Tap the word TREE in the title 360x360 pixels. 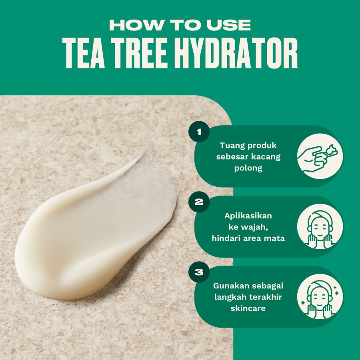pos(138,53)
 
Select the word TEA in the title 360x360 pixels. pos(84,53)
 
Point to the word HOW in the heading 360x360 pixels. pos(136,25)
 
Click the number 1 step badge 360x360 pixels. pos(199,132)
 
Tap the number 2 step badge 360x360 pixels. pos(199,202)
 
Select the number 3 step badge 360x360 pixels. pos(199,272)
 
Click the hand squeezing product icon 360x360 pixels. pos(320,156)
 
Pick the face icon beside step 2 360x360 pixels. pos(320,227)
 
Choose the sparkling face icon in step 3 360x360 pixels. pos(320,297)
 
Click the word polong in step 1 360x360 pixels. pos(248,168)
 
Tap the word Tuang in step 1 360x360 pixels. pos(232,146)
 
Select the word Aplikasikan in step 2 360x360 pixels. pos(248,216)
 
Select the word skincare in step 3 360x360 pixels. pos(248,308)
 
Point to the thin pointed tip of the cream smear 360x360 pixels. pos(150,147)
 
